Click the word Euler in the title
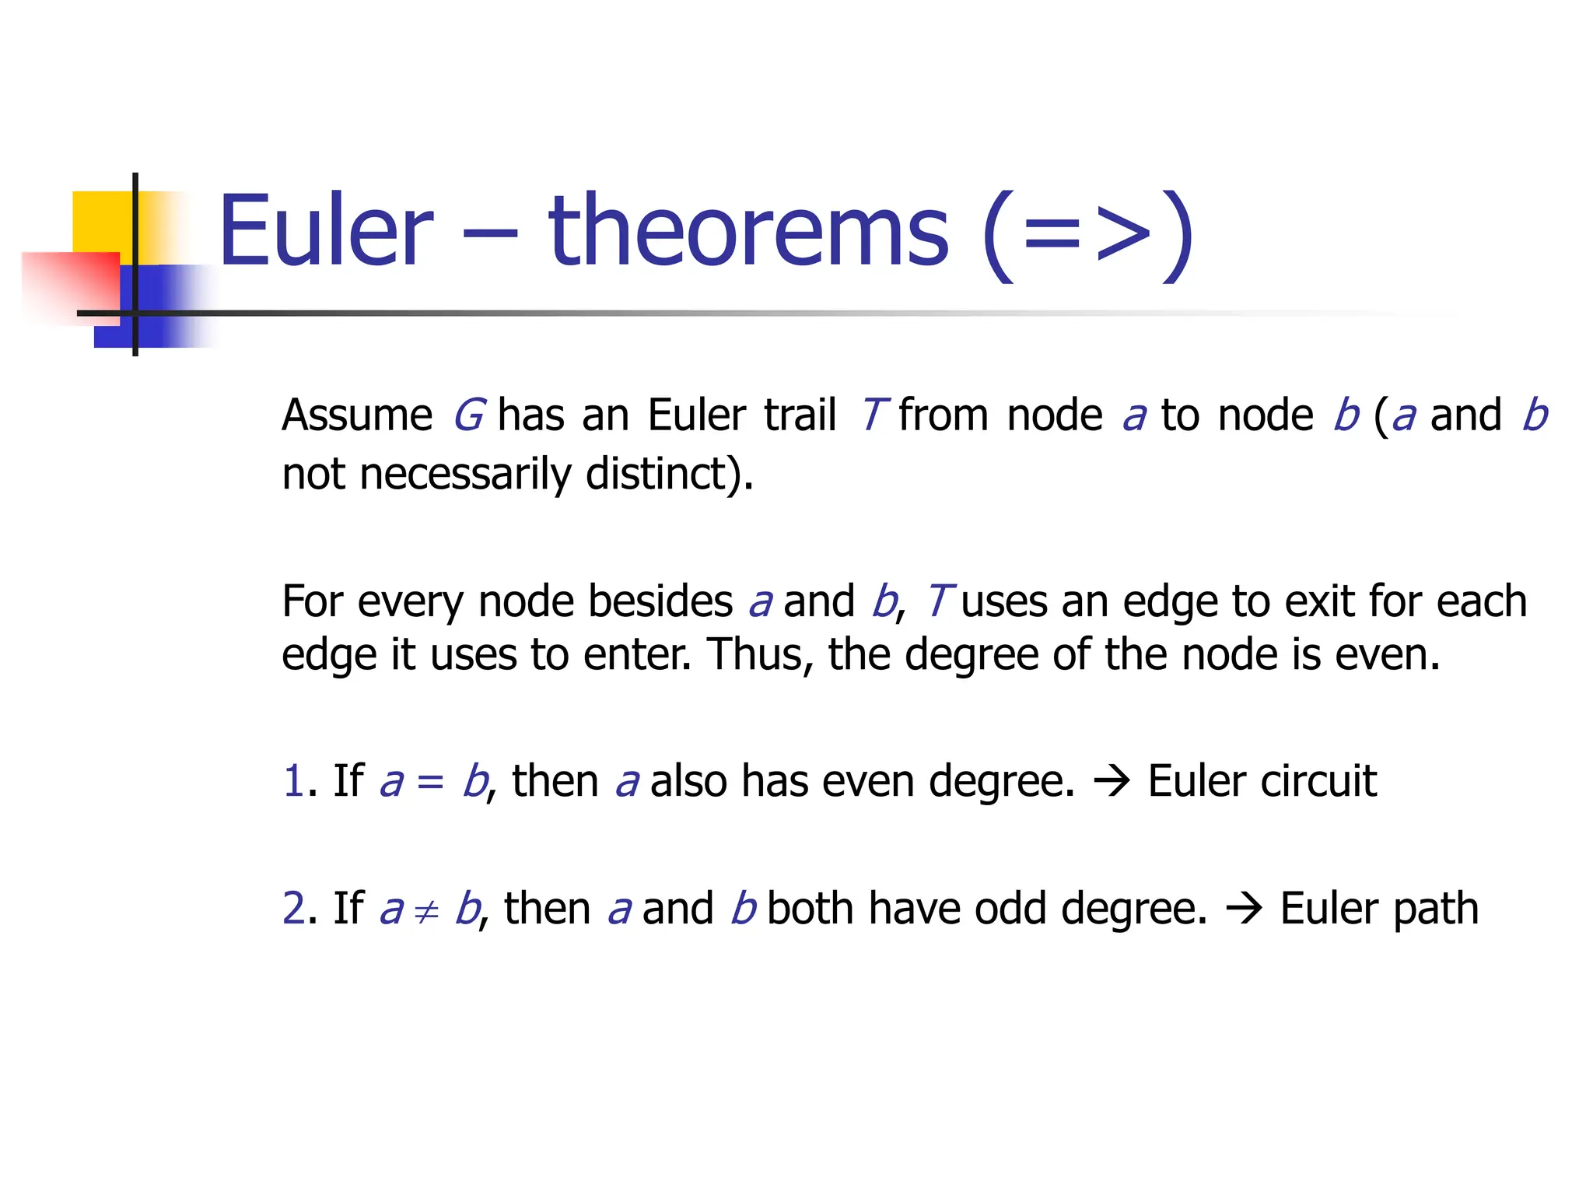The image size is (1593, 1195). [325, 230]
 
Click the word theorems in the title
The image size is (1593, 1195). [748, 230]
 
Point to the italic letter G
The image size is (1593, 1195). [470, 415]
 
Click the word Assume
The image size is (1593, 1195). [357, 415]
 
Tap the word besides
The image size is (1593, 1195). [660, 601]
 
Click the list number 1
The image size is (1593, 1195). [293, 780]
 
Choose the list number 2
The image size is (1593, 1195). [294, 908]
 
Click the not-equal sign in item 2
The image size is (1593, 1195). [426, 911]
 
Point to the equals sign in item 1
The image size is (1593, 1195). [430, 782]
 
